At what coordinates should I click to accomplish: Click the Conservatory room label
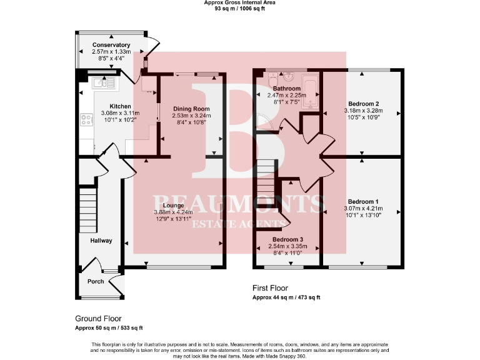coord(111,45)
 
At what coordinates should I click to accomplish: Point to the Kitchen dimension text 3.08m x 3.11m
coord(121,113)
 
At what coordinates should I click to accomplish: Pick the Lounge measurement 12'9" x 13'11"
coord(173,219)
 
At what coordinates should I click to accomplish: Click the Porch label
coord(96,281)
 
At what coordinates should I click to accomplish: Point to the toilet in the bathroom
coord(288,78)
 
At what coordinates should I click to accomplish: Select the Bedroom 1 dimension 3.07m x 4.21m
coord(363,208)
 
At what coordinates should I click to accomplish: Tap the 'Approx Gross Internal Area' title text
coord(239,2)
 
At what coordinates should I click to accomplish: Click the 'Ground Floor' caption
coord(98,318)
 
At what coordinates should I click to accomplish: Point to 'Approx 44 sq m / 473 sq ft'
coord(286,297)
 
